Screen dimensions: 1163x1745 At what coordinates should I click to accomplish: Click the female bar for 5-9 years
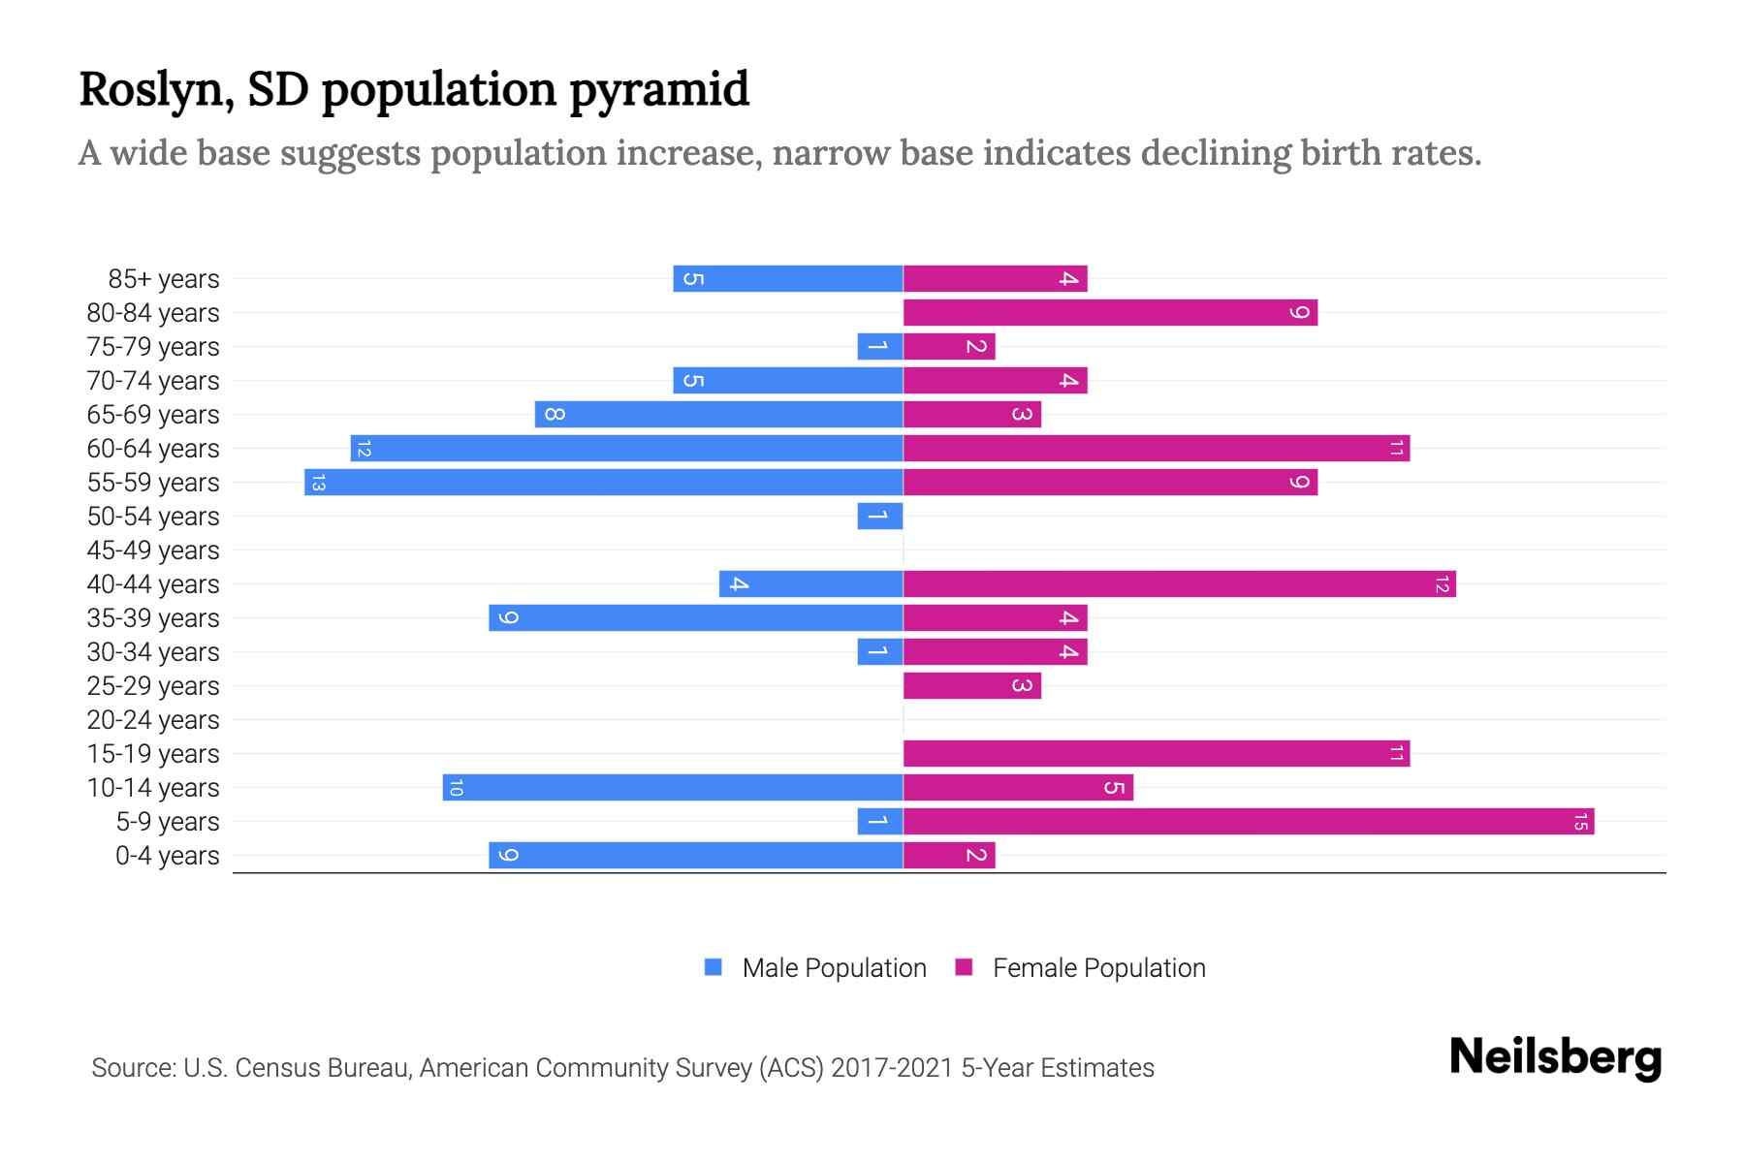point(1249,822)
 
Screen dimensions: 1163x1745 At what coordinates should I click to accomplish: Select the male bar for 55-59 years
point(603,483)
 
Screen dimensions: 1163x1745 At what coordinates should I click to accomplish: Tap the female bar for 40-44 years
point(1179,584)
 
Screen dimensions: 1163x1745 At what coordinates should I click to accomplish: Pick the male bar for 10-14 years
point(673,788)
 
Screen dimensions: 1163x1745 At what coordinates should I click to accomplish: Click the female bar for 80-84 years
point(1110,313)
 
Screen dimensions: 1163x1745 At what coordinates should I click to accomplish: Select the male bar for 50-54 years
point(879,517)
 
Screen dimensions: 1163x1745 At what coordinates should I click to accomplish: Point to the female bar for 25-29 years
point(971,686)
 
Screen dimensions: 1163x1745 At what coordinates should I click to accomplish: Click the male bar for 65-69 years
point(718,415)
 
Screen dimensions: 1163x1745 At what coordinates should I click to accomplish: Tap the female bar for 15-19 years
point(1156,754)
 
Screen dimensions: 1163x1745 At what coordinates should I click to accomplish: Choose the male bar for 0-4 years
point(695,856)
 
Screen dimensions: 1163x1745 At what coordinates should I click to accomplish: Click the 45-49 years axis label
point(153,550)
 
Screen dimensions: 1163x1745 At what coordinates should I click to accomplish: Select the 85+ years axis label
point(164,279)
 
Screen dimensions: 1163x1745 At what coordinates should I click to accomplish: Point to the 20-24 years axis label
point(153,720)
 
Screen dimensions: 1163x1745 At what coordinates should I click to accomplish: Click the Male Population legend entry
point(833,968)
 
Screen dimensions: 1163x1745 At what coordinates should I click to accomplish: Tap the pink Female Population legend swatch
point(964,967)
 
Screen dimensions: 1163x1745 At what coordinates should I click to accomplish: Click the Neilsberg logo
point(1555,1057)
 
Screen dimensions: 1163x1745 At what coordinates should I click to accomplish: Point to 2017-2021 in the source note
point(891,1068)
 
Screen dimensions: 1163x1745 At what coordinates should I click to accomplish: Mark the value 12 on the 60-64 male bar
point(364,449)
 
